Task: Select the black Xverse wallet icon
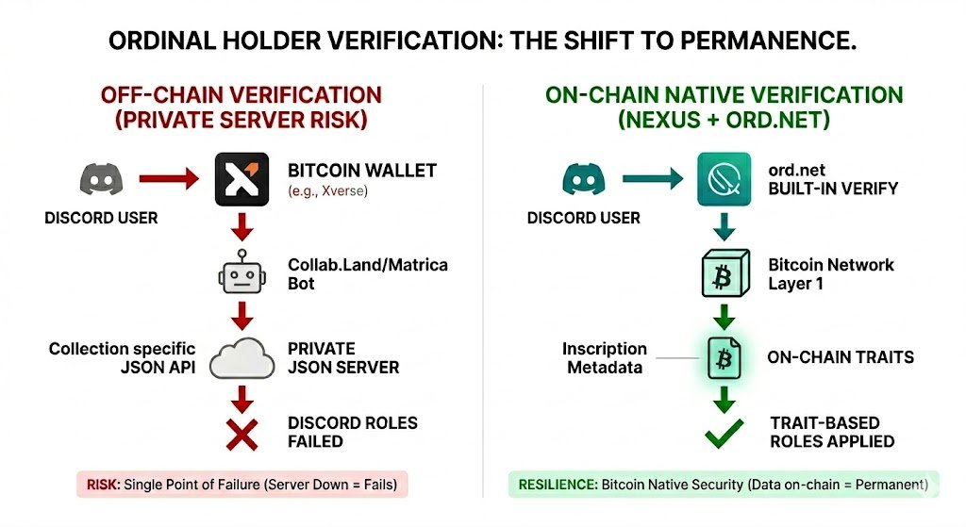pos(241,179)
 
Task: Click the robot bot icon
pos(241,273)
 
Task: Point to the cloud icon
pos(241,358)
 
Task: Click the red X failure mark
pos(242,434)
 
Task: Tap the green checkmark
pos(725,434)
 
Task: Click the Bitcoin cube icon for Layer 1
pos(724,274)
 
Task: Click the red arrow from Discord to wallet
pos(169,177)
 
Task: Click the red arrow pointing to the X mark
pos(242,396)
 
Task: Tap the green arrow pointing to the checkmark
pos(724,396)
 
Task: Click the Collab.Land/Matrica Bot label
pos(367,274)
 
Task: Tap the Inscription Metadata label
pos(607,357)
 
